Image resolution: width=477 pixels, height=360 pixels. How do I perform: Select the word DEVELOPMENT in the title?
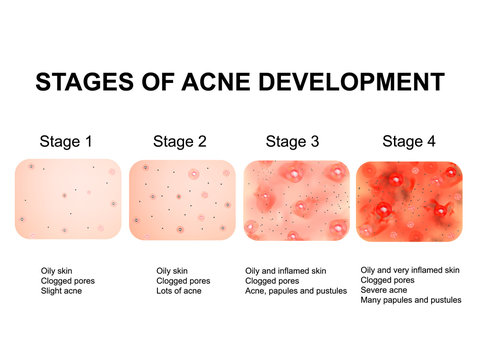(357, 82)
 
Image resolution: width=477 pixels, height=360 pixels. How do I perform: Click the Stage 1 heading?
(66, 142)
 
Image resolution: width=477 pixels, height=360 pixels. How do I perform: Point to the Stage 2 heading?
(182, 142)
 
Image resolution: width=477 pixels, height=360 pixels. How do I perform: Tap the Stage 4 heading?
(409, 142)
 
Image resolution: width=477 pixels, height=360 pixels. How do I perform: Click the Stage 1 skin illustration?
(68, 199)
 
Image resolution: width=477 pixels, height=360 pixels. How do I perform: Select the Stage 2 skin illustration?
(182, 199)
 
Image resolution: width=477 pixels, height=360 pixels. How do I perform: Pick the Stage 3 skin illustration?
(296, 200)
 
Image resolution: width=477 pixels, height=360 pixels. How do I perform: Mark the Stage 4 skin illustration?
(410, 200)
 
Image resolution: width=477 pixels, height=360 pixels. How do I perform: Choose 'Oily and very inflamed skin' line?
(410, 270)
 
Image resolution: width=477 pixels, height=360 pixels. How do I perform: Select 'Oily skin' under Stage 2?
(172, 270)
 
